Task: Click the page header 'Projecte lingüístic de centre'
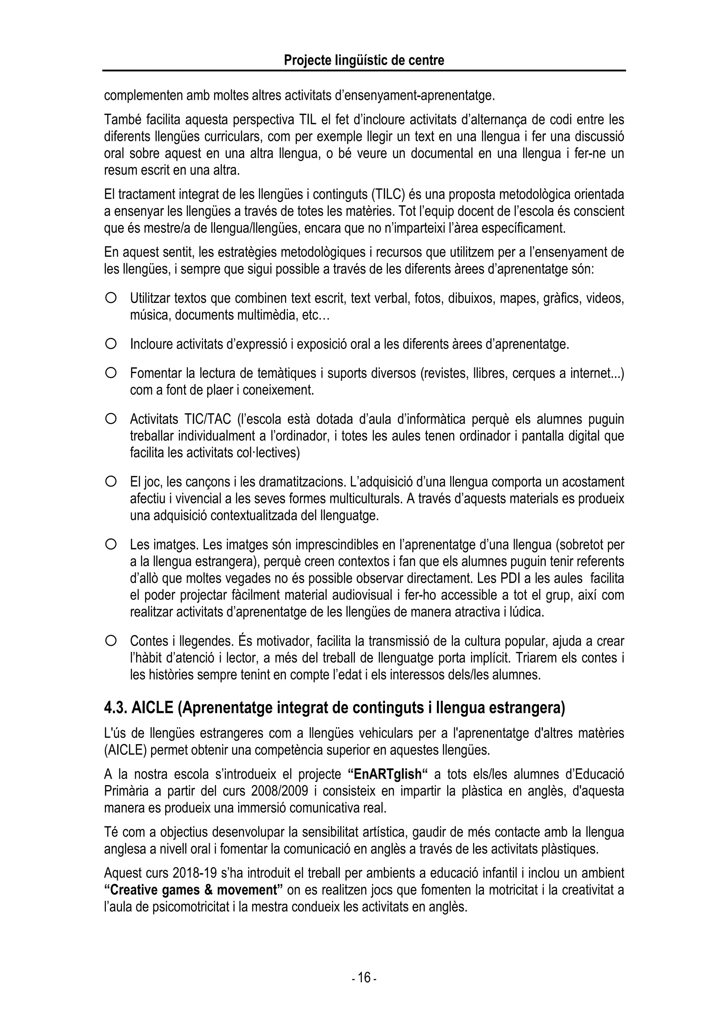pos(364,60)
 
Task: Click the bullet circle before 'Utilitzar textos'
pos(111,298)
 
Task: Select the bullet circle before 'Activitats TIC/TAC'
pos(111,419)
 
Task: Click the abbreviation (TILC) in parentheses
pos(389,194)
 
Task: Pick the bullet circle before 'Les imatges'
pos(111,544)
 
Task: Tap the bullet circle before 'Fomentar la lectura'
pos(111,372)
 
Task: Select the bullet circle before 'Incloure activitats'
pos(111,344)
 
